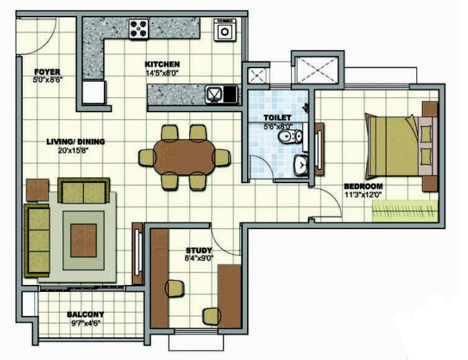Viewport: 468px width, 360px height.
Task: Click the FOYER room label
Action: [47, 72]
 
